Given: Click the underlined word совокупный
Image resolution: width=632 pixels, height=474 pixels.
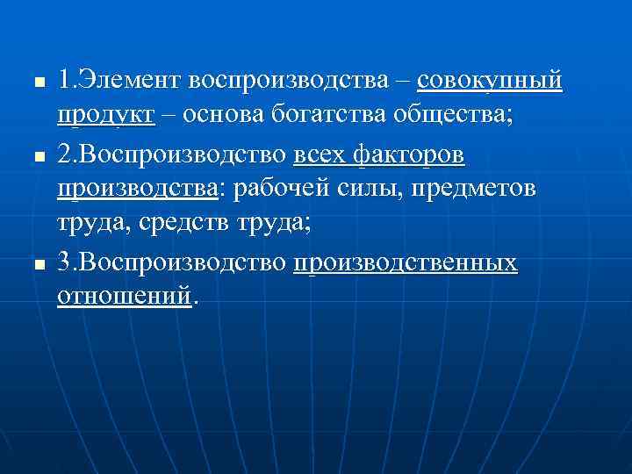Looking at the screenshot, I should pos(490,82).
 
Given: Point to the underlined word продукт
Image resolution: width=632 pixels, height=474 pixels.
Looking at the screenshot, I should pos(106,116).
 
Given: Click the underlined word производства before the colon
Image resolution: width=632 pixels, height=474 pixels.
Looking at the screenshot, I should pos(136,189).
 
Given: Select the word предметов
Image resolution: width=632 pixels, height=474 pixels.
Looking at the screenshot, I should pos(474,189).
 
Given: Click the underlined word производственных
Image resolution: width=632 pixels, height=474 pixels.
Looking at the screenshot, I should pos(406,262).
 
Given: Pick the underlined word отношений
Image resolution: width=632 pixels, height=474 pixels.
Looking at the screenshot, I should pos(124,297).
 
